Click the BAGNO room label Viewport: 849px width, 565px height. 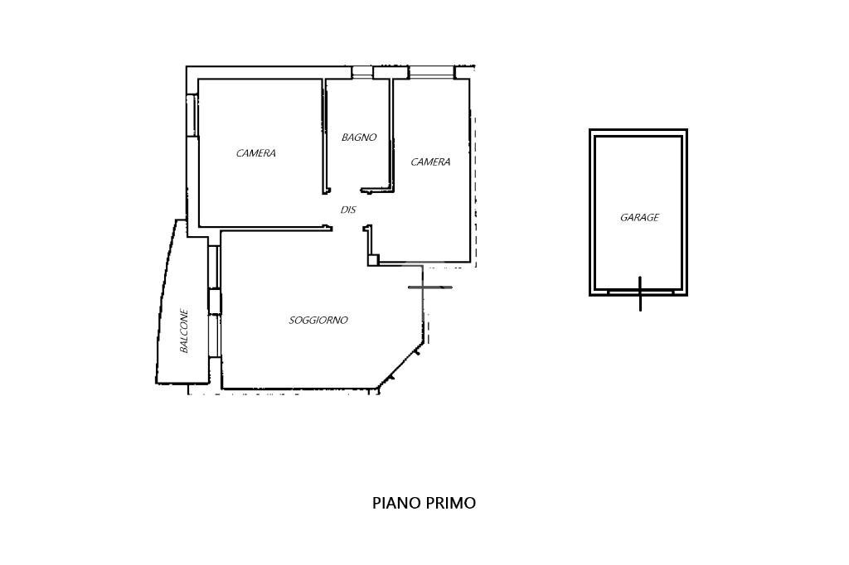[x=358, y=138]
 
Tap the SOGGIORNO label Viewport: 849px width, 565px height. [x=318, y=321]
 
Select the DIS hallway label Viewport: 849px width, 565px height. [x=348, y=210]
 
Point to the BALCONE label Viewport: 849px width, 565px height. [x=184, y=331]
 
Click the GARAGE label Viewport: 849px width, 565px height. [x=639, y=218]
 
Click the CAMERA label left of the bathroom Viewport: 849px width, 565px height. [x=255, y=153]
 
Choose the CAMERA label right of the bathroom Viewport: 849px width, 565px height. [x=430, y=162]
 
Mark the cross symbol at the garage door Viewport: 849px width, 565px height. [x=640, y=292]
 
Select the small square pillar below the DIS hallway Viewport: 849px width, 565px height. [x=373, y=260]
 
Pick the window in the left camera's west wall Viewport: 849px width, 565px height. [x=192, y=115]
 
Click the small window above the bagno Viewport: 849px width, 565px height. [x=362, y=72]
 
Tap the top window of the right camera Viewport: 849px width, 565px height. [x=431, y=72]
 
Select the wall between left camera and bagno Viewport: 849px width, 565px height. [x=324, y=136]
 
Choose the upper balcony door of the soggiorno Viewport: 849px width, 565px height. [x=215, y=268]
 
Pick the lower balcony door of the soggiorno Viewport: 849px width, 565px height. [x=215, y=336]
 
